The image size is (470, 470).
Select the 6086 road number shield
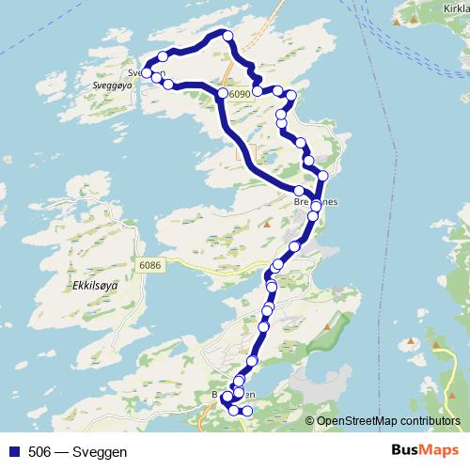149,266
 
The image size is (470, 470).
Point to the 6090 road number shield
241,94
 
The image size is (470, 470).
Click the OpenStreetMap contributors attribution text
388,420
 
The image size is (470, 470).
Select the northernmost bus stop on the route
227,36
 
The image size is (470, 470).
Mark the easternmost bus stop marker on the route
322,176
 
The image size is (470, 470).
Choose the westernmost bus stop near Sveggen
147,73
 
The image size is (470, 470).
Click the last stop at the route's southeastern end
247,412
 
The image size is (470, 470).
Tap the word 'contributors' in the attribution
430,420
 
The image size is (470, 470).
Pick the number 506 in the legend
39,452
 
